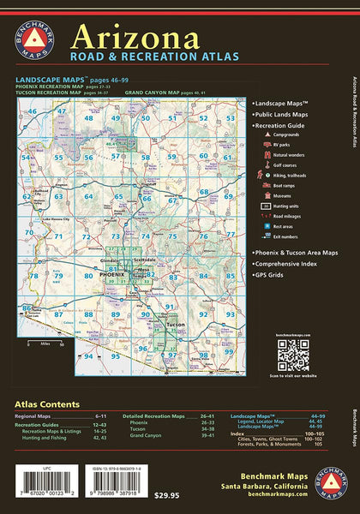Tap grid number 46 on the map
[x=34, y=111]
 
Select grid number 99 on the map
[x=203, y=354]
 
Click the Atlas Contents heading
[x=47, y=403]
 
